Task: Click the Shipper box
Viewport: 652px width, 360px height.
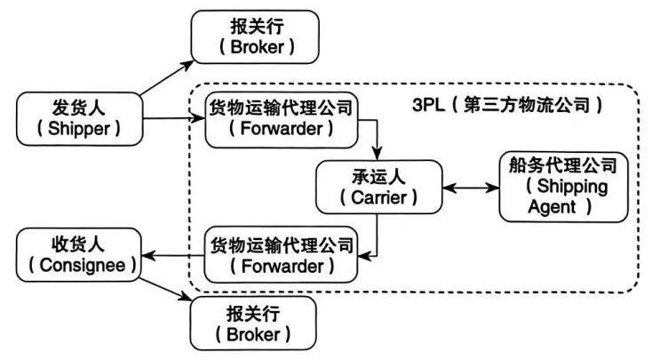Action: [79, 119]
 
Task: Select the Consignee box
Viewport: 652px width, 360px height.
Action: [79, 255]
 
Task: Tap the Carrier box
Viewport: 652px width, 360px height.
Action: [378, 187]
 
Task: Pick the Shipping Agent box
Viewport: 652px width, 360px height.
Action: [563, 187]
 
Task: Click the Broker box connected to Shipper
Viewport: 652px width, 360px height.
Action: [255, 37]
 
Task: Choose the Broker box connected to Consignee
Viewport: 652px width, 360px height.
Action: [253, 324]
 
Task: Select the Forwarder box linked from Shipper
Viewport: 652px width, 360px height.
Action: [282, 120]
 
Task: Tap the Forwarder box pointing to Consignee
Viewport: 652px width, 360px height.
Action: [281, 255]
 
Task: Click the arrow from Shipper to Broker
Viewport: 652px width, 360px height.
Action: [167, 78]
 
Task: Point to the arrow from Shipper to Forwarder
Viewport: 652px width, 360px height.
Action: [174, 118]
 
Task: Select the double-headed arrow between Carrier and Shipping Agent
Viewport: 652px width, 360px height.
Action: [471, 188]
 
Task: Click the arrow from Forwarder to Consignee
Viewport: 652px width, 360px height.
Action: [173, 255]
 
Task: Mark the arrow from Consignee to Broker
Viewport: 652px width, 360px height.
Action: [165, 289]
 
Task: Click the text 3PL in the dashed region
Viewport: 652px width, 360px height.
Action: [428, 105]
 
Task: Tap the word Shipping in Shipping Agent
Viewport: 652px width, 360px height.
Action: [572, 187]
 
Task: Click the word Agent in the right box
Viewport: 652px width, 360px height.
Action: [552, 207]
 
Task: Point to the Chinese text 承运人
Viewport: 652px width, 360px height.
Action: [378, 177]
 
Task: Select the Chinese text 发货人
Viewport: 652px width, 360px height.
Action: [79, 108]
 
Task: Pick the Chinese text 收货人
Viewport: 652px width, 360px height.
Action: [78, 244]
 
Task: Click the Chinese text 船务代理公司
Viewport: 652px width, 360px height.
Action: [563, 165]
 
